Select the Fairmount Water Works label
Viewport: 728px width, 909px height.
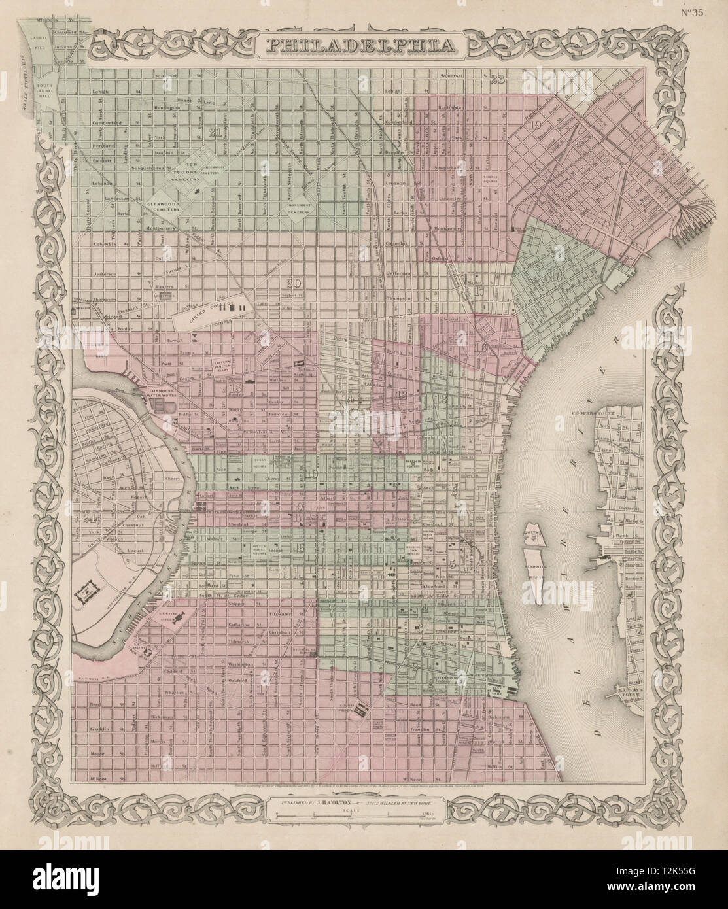pyautogui.click(x=156, y=394)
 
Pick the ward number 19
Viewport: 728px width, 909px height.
pyautogui.click(x=536, y=126)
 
